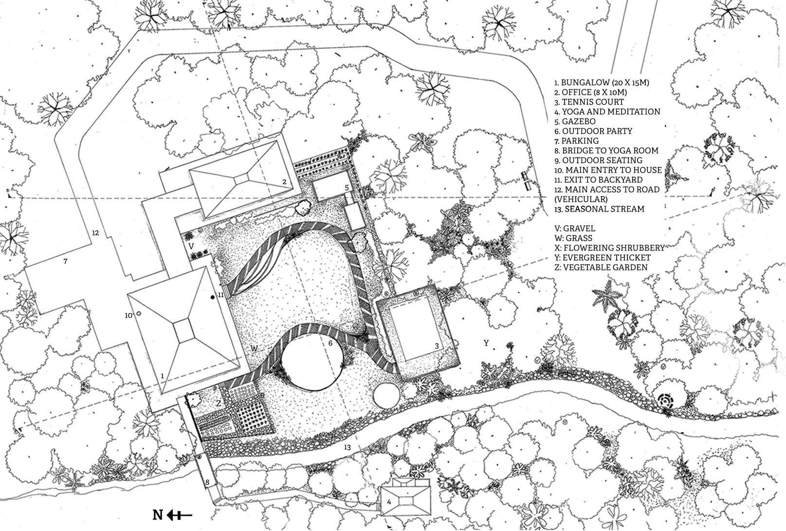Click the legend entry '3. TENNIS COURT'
(589, 102)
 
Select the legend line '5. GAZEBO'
(575, 122)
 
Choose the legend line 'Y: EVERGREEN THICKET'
(602, 258)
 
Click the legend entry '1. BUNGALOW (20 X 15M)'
(602, 83)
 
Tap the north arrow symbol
(173, 515)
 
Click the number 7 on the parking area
(65, 262)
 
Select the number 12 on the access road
(95, 233)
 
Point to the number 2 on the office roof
(284, 182)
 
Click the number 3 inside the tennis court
(437, 346)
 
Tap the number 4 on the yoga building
(389, 502)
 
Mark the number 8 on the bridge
(207, 482)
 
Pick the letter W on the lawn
(254, 349)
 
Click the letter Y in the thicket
(486, 343)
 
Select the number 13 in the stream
(347, 447)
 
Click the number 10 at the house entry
(128, 316)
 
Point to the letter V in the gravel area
(191, 247)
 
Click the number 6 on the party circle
(330, 343)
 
